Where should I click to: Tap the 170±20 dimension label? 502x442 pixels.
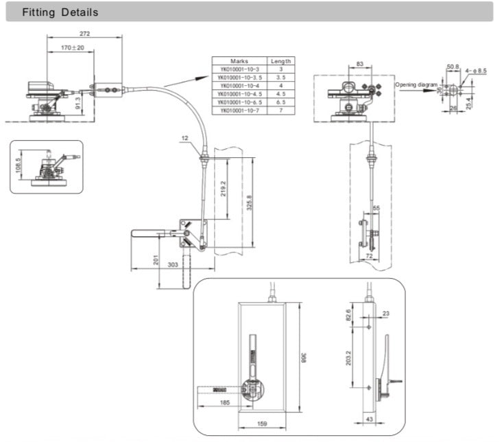tap(71, 48)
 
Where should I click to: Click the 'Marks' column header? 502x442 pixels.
tap(239, 60)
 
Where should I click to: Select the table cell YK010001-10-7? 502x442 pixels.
tap(239, 110)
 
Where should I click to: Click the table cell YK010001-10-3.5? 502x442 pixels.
tap(239, 77)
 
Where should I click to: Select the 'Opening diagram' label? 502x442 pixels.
tap(416, 84)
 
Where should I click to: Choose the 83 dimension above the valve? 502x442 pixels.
tap(359, 65)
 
